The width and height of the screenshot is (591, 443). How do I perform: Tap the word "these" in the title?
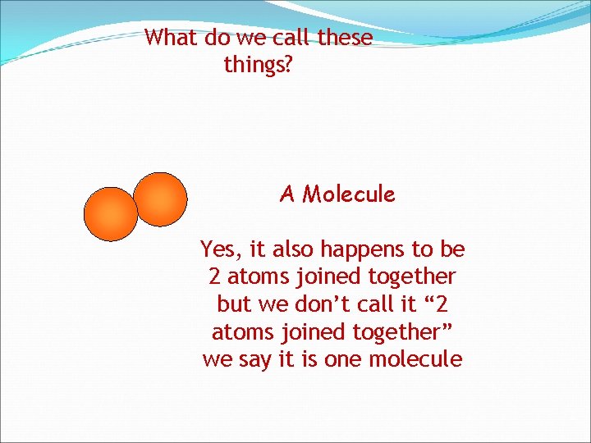pos(345,38)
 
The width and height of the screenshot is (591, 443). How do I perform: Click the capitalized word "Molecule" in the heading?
pos(348,194)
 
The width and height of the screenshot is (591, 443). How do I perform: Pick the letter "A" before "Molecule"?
pos(286,194)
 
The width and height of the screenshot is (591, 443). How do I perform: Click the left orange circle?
pos(111,214)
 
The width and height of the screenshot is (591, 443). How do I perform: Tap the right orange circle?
pos(161,199)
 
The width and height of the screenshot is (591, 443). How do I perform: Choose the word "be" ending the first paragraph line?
pos(452,249)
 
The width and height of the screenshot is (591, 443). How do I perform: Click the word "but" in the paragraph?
pos(233,304)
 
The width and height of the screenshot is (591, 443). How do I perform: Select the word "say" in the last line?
pos(254,360)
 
